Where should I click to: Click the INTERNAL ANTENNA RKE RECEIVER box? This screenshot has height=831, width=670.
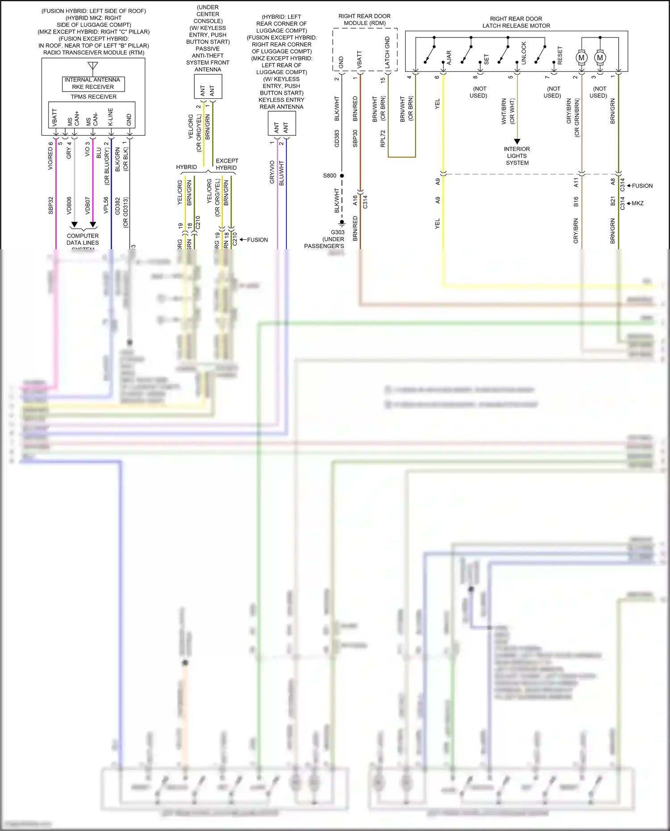click(x=93, y=84)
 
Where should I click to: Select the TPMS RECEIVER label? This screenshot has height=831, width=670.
click(x=93, y=97)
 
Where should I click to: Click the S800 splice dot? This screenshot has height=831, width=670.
click(x=342, y=176)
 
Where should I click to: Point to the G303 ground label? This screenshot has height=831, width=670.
click(x=337, y=232)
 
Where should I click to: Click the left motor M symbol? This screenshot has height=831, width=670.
click(x=581, y=58)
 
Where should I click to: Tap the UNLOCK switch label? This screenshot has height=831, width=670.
click(x=523, y=54)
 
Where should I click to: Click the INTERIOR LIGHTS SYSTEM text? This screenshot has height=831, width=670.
click(x=517, y=156)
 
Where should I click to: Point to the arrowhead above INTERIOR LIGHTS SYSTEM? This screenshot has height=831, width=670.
click(x=517, y=142)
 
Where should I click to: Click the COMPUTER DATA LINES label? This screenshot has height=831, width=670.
click(x=83, y=239)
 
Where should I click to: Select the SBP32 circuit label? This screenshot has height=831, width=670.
click(x=50, y=205)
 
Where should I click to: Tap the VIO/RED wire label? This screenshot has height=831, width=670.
click(x=50, y=156)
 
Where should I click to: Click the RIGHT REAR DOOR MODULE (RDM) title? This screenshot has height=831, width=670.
click(x=364, y=20)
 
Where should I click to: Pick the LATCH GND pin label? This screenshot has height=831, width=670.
click(x=387, y=53)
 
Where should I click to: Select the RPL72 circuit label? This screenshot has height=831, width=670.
click(x=382, y=138)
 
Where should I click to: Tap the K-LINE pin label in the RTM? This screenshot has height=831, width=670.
click(x=110, y=117)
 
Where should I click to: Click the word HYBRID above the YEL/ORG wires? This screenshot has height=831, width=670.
click(x=186, y=167)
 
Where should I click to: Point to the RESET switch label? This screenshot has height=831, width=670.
click(x=560, y=55)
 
